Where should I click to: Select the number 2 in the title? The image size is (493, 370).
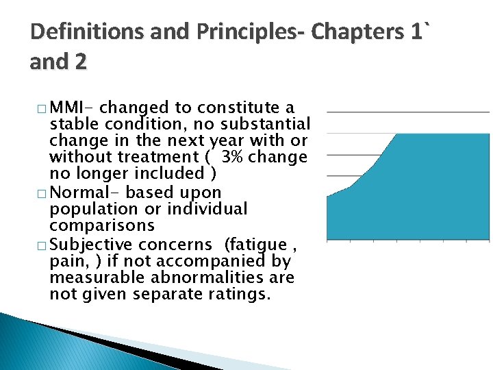(x=80, y=62)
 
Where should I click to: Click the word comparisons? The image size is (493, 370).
(x=102, y=225)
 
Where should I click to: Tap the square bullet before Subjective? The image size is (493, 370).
(x=42, y=245)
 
